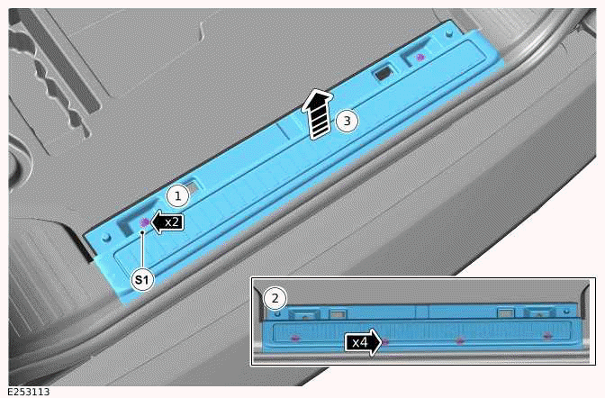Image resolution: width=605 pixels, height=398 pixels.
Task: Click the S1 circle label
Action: click(142, 280)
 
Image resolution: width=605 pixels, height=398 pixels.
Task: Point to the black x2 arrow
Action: click(167, 221)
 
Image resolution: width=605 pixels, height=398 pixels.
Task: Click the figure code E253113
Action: click(27, 392)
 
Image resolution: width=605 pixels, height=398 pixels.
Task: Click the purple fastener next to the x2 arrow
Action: click(145, 221)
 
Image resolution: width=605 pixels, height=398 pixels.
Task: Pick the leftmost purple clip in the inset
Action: click(295, 338)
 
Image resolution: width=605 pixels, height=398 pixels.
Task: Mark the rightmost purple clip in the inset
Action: click(547, 337)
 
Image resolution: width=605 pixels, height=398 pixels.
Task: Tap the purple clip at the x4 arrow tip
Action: click(385, 341)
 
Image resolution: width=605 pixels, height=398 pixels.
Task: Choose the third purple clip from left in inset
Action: click(460, 340)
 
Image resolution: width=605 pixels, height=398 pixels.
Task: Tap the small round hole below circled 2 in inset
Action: click(278, 314)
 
